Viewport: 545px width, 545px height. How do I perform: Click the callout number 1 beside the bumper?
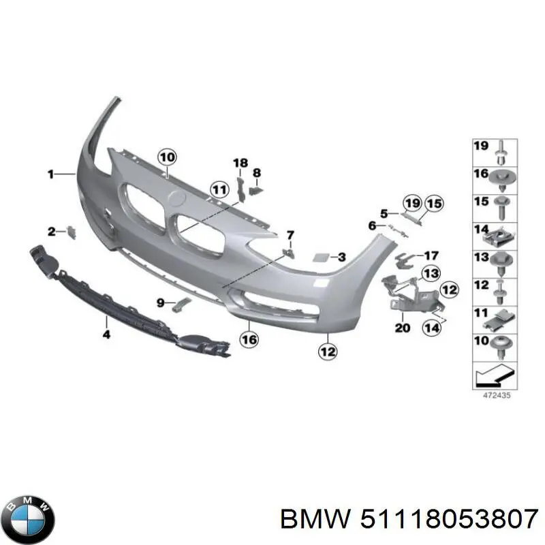(50, 174)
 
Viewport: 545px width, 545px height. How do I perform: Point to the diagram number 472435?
(497, 396)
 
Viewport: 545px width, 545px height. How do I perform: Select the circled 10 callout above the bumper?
(167, 157)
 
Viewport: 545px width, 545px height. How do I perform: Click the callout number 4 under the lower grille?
(106, 334)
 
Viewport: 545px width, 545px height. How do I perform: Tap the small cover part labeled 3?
(319, 258)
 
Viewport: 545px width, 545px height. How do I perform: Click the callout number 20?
(403, 328)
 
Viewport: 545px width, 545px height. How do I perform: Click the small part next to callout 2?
(72, 232)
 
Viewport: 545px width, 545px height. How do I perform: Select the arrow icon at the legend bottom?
(495, 376)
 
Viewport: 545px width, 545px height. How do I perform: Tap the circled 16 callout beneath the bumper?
(249, 339)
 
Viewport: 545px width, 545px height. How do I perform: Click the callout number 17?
(431, 256)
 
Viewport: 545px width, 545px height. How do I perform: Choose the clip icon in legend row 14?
(500, 237)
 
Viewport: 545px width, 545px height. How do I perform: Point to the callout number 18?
(240, 163)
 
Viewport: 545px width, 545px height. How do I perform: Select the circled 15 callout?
(435, 203)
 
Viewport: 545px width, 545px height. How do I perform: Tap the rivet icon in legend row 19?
(501, 152)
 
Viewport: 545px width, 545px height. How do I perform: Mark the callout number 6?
(372, 225)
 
